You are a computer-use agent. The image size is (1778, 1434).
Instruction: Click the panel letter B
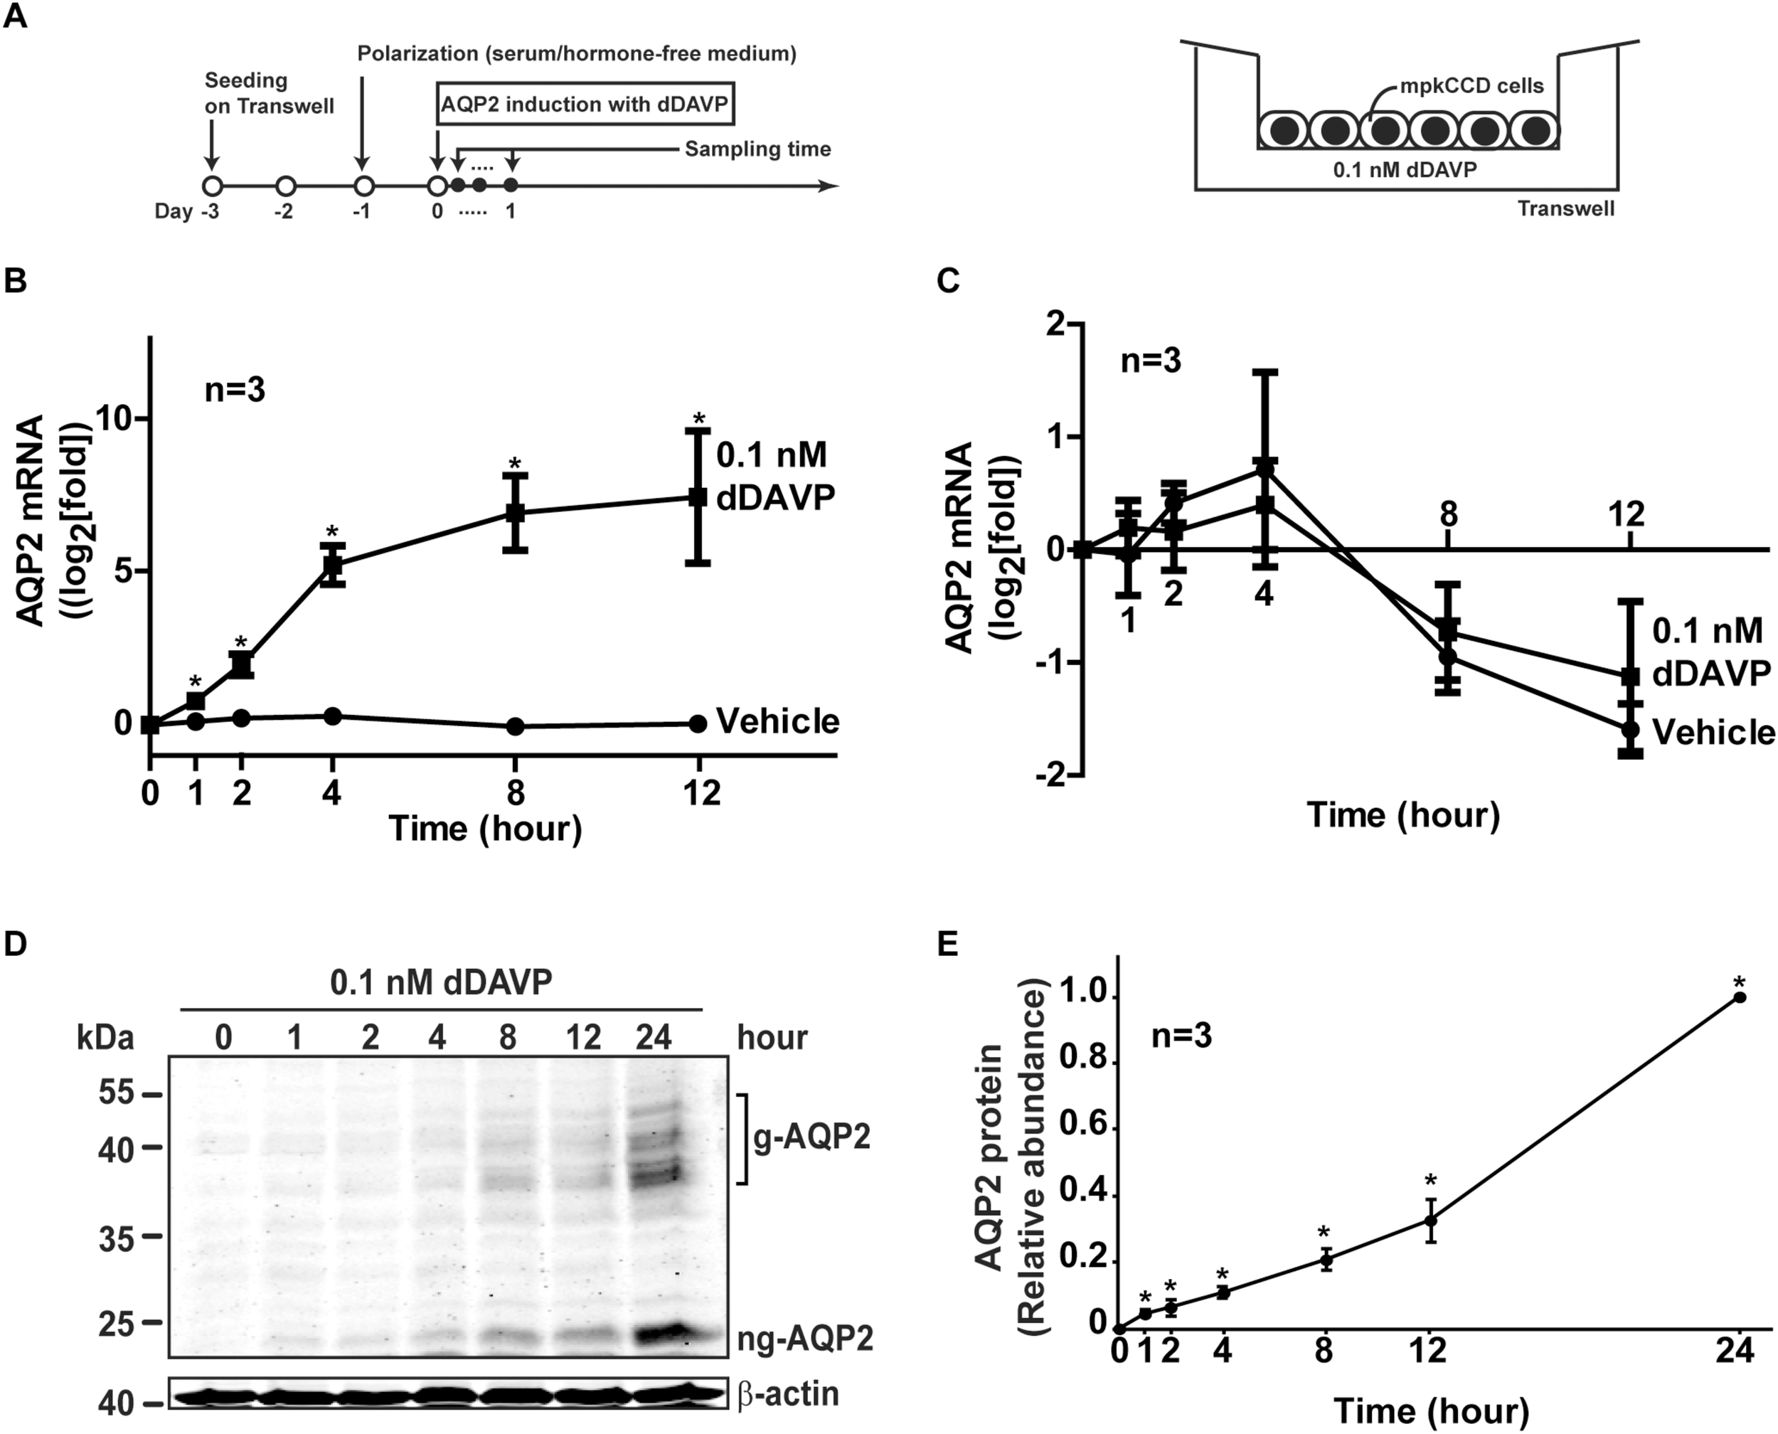click(x=16, y=281)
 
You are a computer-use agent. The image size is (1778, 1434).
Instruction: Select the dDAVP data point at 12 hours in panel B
click(x=698, y=496)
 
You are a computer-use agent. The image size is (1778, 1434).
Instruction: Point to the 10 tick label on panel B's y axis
click(x=116, y=419)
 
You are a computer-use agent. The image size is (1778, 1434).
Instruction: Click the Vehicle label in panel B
click(x=777, y=721)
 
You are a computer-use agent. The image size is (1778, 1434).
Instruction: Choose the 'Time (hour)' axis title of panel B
click(x=486, y=828)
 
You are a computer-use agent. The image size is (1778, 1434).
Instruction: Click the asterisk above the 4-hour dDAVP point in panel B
click(x=332, y=531)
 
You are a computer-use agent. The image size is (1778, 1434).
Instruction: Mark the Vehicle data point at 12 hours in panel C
click(x=1629, y=729)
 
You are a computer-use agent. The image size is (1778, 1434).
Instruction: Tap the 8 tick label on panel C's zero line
click(x=1449, y=514)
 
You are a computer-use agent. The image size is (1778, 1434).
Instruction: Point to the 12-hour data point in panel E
click(x=1430, y=1220)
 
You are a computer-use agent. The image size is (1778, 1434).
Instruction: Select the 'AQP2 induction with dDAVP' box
click(x=585, y=104)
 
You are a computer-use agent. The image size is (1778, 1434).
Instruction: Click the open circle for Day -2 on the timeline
click(x=286, y=186)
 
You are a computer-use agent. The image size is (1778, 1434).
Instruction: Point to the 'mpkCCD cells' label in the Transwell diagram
click(x=1471, y=86)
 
